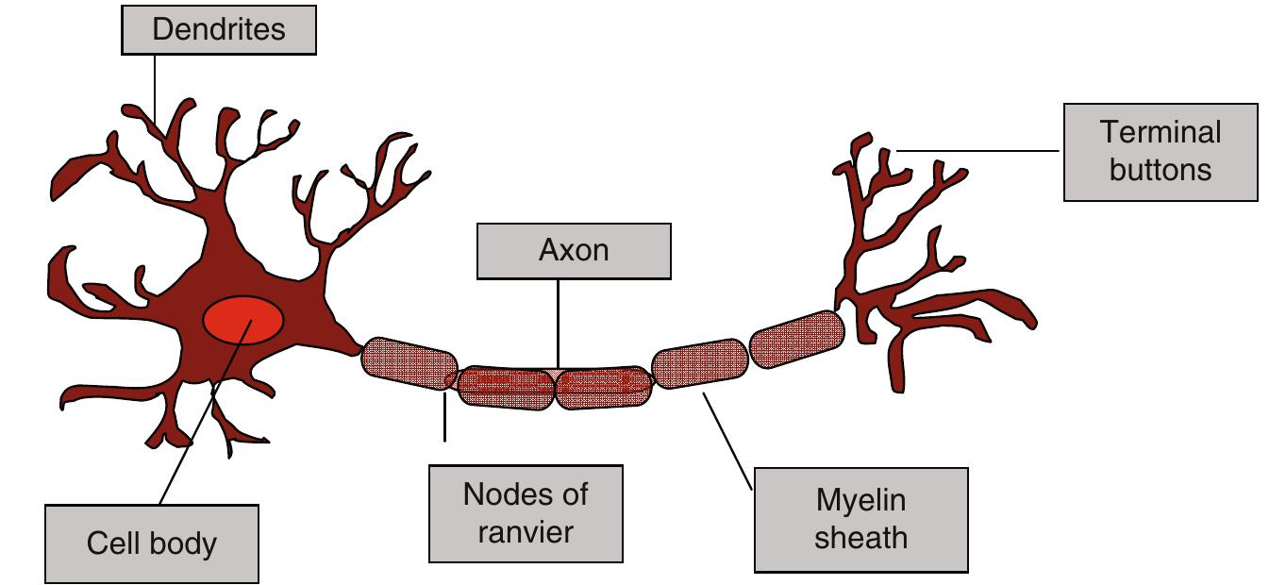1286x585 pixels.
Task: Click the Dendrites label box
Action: pyautogui.click(x=217, y=29)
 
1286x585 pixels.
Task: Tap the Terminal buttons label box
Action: pyautogui.click(x=1161, y=152)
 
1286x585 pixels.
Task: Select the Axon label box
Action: pyautogui.click(x=574, y=251)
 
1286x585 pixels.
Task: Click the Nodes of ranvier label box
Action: pyautogui.click(x=526, y=513)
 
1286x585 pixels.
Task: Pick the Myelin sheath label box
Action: pyautogui.click(x=860, y=520)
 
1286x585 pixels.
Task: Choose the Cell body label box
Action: pyautogui.click(x=151, y=543)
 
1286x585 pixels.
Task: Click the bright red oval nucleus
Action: pyautogui.click(x=243, y=322)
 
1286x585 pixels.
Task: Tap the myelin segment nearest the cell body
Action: pyautogui.click(x=409, y=363)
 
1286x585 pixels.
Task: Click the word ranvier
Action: pyautogui.click(x=526, y=532)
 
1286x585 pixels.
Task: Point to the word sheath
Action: pyautogui.click(x=860, y=538)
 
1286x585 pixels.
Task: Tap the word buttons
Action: pyautogui.click(x=1161, y=170)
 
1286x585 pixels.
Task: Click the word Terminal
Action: pyautogui.click(x=1161, y=132)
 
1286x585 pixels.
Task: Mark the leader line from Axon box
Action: pyautogui.click(x=558, y=321)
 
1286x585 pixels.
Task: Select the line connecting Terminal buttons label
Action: pyautogui.click(x=981, y=150)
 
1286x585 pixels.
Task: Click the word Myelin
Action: pyautogui.click(x=860, y=501)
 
